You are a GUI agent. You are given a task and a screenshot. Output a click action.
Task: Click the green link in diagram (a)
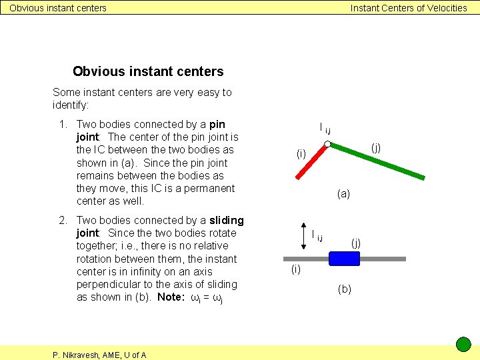377,161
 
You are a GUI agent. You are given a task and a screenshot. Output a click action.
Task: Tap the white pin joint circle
327,144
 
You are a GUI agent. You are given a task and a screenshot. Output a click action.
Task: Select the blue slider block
344,259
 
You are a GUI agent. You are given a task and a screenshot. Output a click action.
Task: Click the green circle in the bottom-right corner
463,345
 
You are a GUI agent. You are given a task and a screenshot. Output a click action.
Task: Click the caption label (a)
343,194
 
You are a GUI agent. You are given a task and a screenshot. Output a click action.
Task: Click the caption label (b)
345,289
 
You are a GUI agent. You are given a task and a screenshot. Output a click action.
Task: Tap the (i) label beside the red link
301,154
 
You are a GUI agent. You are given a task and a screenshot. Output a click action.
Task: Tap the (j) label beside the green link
376,147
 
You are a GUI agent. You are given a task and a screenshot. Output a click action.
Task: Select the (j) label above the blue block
356,243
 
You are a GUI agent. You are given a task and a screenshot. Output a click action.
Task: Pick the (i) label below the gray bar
296,269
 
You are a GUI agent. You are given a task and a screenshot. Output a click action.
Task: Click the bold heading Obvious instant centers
148,71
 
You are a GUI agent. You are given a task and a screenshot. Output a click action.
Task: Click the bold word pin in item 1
217,124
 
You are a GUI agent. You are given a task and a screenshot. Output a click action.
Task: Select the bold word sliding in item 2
227,220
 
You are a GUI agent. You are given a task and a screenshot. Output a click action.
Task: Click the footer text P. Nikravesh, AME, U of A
99,355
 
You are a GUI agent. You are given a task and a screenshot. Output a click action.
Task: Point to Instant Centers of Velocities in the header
409,8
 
